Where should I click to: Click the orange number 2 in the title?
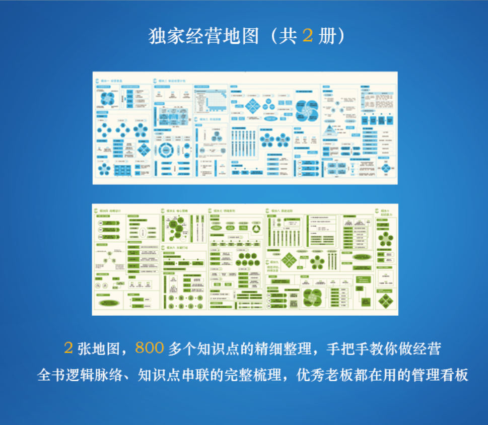pyautogui.click(x=307, y=36)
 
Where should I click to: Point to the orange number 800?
pyautogui.click(x=150, y=348)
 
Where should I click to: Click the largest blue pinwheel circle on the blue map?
pyautogui.click(x=306, y=110)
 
